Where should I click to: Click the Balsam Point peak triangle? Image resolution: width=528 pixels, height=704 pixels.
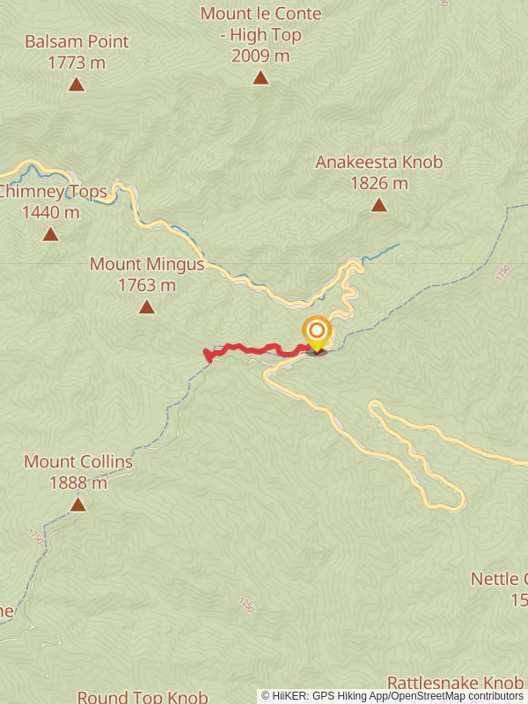tap(77, 84)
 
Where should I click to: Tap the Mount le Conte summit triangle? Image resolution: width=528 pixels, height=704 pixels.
tap(260, 77)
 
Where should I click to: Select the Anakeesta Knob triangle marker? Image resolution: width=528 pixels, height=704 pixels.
tap(378, 205)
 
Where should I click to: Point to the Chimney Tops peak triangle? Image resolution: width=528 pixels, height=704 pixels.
tap(51, 234)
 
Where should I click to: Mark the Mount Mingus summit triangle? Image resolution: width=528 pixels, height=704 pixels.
tap(147, 307)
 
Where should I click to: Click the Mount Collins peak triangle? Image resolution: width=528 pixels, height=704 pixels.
tap(78, 504)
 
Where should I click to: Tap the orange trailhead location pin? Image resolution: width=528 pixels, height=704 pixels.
tap(317, 334)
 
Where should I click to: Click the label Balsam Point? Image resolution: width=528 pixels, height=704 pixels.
tap(77, 41)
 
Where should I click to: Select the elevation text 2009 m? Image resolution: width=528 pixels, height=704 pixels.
tap(260, 56)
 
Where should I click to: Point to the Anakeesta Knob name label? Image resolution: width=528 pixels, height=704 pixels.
tap(378, 162)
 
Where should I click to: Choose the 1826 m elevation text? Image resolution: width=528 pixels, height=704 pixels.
tap(378, 184)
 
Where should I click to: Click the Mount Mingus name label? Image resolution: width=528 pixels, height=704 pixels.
tap(147, 264)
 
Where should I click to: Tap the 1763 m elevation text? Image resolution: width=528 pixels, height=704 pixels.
tap(147, 285)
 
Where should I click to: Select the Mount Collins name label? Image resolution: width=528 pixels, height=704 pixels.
tap(78, 462)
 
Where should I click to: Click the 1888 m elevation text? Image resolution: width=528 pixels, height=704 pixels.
tap(78, 483)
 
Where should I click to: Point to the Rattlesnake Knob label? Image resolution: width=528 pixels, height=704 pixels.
tap(455, 684)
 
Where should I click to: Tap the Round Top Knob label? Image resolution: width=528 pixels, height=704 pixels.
tap(142, 697)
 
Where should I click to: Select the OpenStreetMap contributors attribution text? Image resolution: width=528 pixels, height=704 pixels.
tap(457, 696)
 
